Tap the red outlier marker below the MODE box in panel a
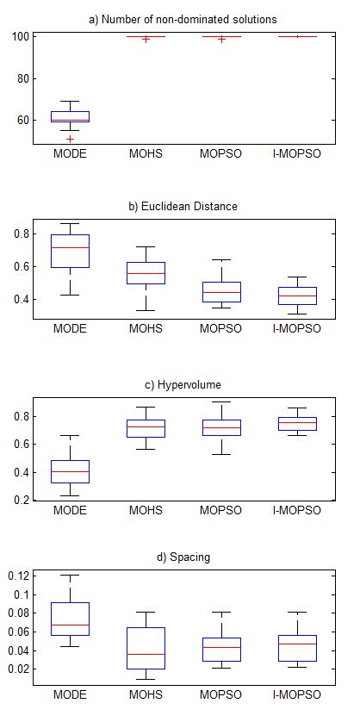(71, 139)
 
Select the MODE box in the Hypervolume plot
(70, 471)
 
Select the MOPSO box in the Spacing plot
(220, 650)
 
